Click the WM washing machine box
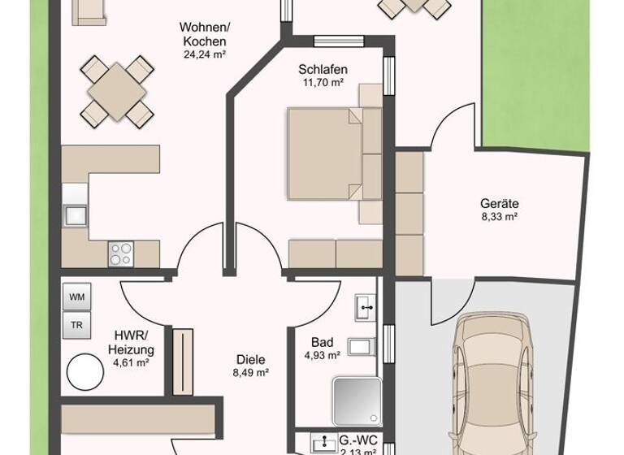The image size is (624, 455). coord(76,297)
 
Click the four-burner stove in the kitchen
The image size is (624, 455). coord(120,254)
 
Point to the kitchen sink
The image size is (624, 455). coord(75,215)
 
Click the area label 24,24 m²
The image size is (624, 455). coord(204,55)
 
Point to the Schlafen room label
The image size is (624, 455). coord(322,70)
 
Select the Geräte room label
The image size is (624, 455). coord(499,204)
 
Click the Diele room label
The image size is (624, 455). coord(250,360)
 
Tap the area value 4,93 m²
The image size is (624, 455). coord(322,356)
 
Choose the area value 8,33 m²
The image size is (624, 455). coord(499,217)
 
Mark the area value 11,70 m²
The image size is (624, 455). coord(322,83)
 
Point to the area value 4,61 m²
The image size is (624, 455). coord(131,363)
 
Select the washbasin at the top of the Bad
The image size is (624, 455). coord(365,307)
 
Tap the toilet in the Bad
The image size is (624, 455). coord(361,347)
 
